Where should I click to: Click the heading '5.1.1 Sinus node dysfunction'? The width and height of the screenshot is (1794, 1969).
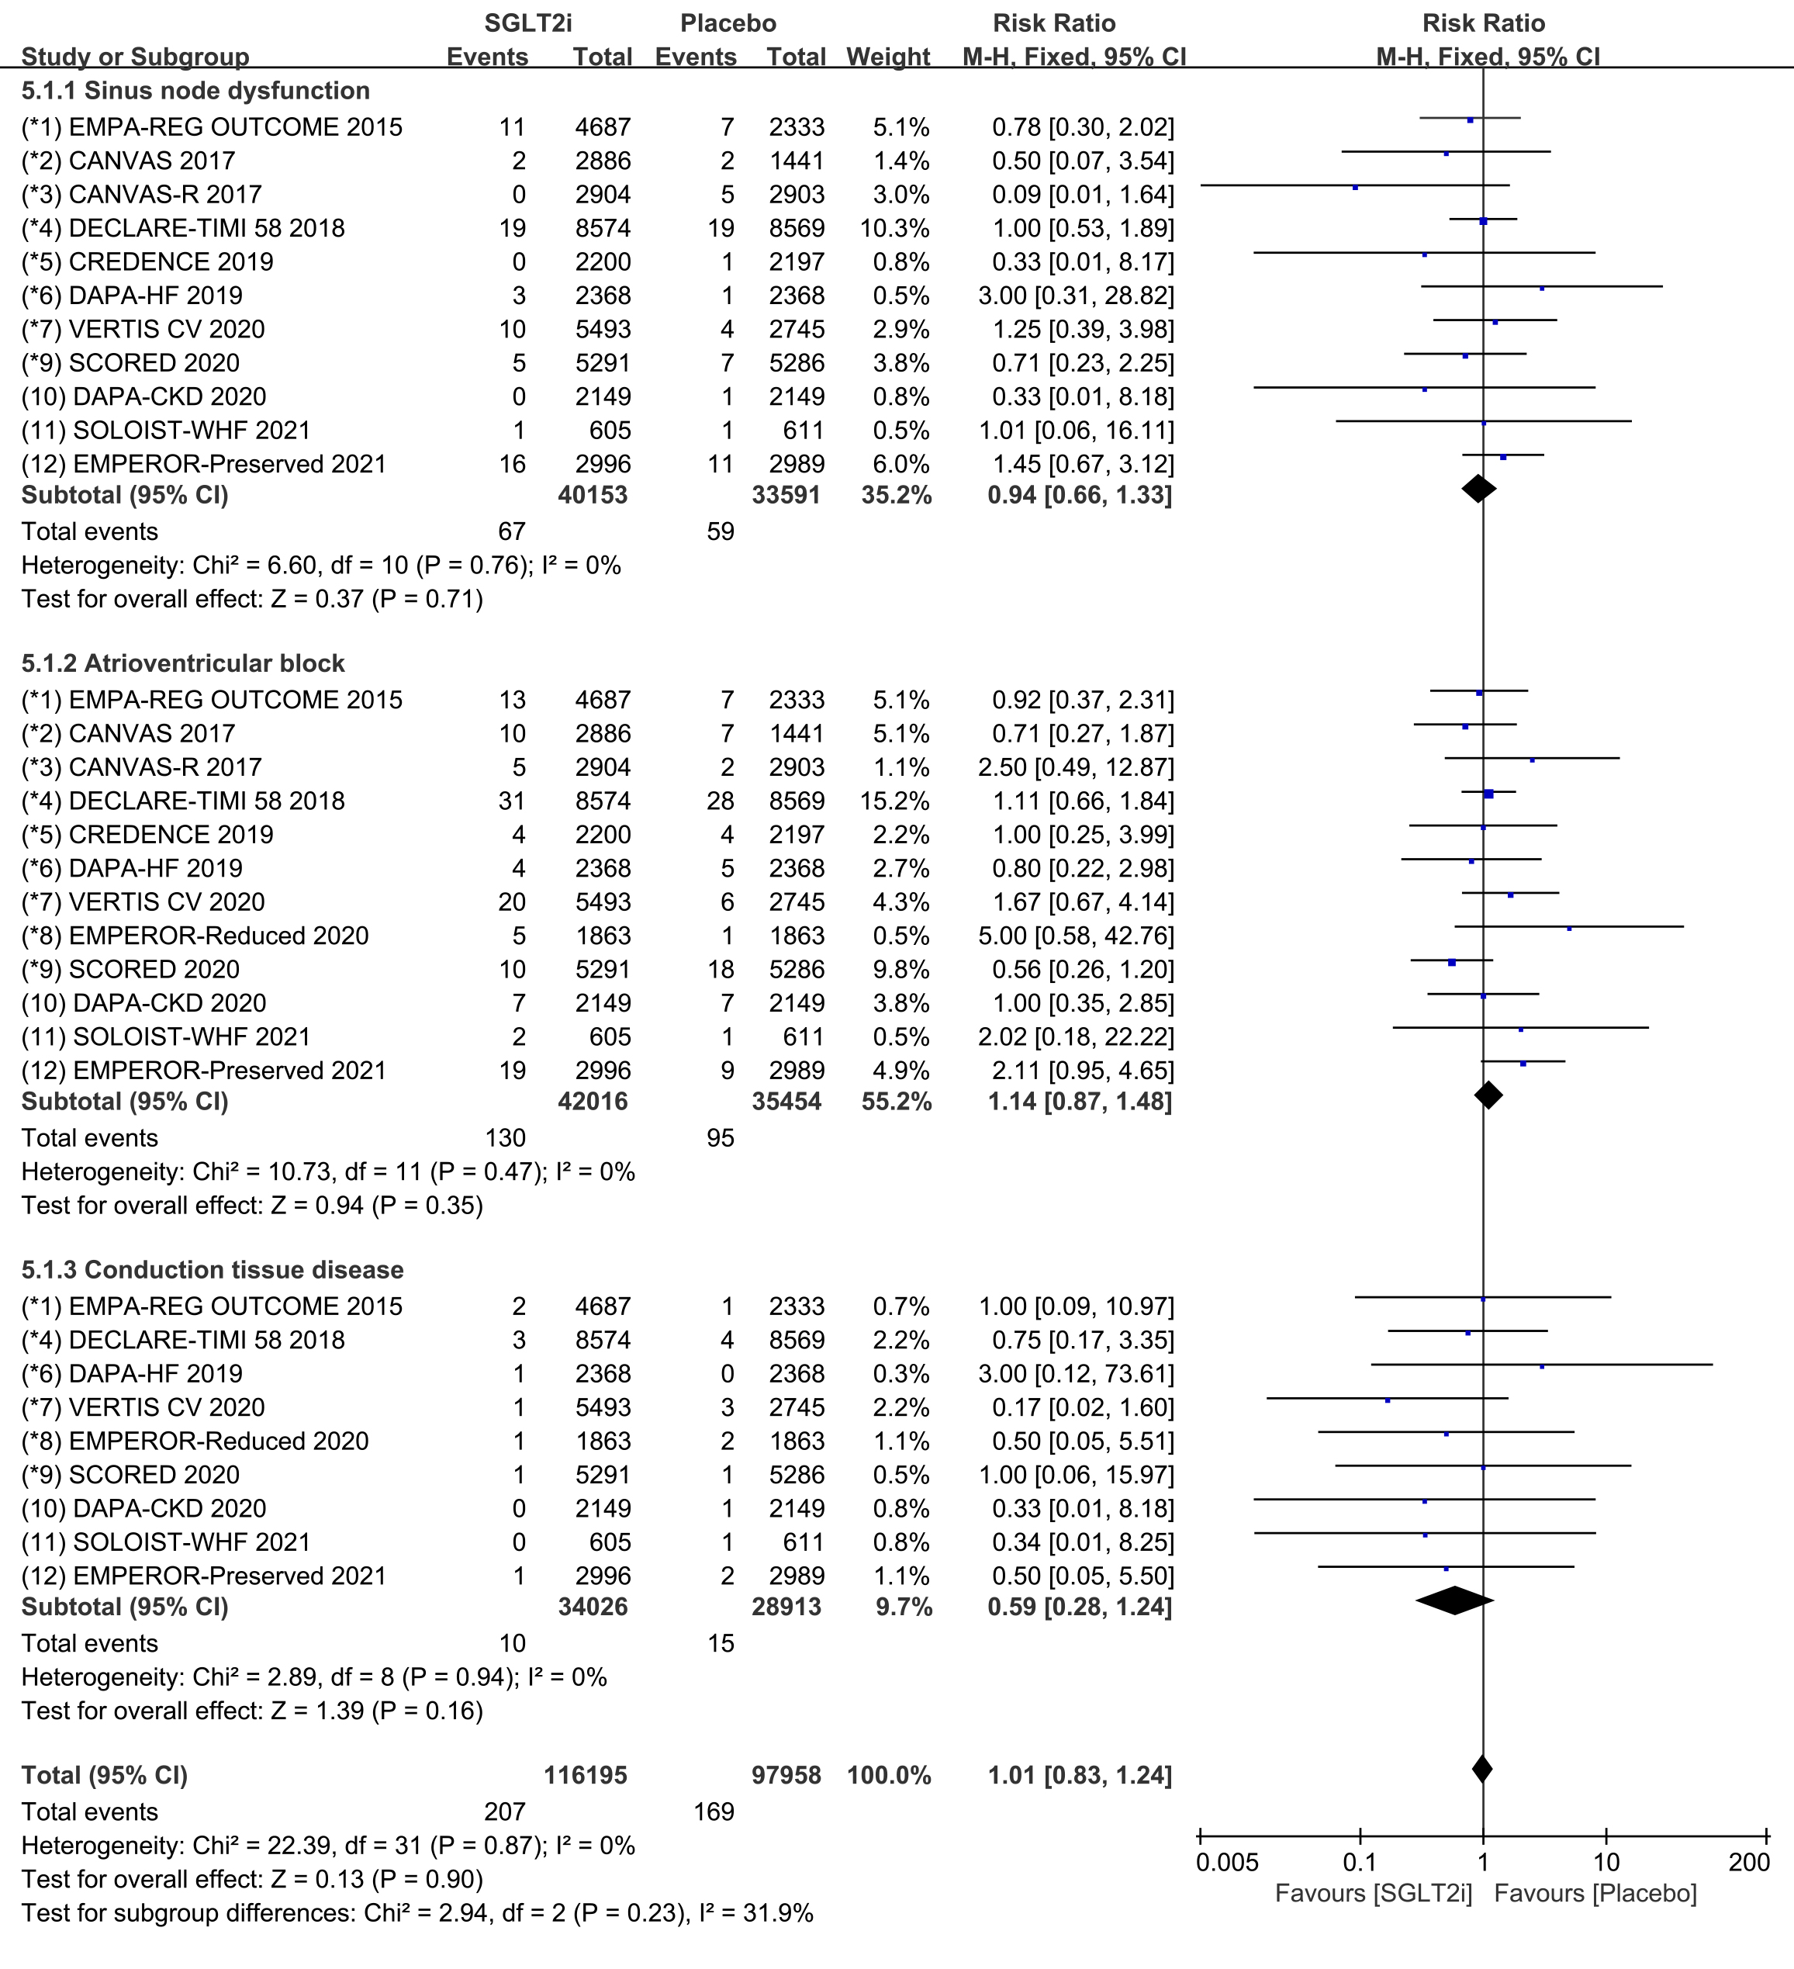195,91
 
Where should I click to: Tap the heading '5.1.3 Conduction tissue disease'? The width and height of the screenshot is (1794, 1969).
212,1270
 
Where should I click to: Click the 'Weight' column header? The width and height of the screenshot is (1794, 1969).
888,57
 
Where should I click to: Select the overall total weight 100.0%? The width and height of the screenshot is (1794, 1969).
889,1774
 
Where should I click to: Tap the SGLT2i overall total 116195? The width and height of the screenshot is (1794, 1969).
585,1774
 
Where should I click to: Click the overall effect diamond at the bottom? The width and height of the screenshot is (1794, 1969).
1481,1769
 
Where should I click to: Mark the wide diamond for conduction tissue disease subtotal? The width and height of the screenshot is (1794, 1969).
1454,1600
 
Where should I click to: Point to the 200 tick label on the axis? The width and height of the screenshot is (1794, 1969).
1749,1863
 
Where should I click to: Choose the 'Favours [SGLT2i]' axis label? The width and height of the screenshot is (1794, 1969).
1373,1894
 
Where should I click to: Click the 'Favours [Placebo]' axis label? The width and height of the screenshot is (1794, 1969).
1595,1894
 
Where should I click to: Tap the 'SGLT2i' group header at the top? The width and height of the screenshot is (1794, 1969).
528,23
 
